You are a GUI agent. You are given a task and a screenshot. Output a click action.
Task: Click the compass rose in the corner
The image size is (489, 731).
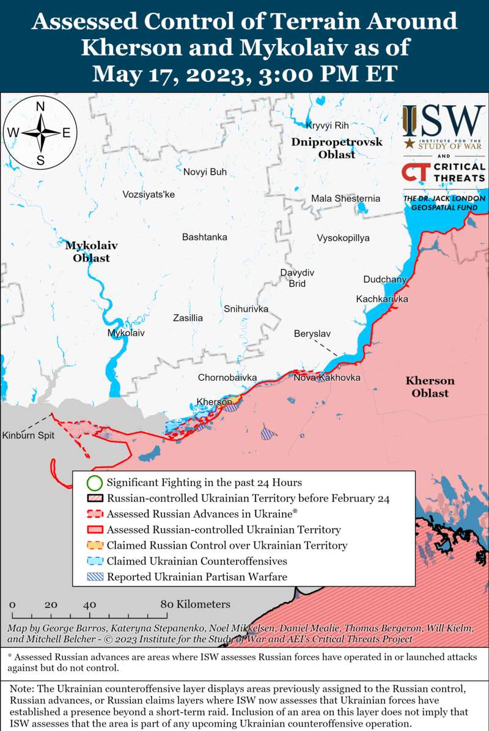pyautogui.click(x=40, y=133)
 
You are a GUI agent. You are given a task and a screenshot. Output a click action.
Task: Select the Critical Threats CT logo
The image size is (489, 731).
pyautogui.click(x=414, y=172)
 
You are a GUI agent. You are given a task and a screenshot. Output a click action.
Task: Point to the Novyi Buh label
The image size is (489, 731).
pyautogui.click(x=205, y=172)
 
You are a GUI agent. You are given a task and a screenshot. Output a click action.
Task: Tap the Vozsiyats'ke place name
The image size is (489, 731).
pyautogui.click(x=149, y=194)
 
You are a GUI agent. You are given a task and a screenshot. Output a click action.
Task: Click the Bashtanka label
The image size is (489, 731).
pyautogui.click(x=204, y=237)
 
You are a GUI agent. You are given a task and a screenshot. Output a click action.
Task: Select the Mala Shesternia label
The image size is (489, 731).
pyautogui.click(x=345, y=199)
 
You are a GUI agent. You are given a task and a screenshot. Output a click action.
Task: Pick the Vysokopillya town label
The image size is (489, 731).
pyautogui.click(x=343, y=238)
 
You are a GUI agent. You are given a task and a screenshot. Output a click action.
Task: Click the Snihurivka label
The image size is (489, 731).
pyautogui.click(x=246, y=309)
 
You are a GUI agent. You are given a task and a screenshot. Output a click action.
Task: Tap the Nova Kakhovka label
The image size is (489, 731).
pyautogui.click(x=326, y=378)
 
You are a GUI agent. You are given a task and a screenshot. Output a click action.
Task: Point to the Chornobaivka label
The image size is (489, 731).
pyautogui.click(x=227, y=378)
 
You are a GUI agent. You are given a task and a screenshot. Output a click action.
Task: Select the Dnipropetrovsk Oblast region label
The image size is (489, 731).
pyautogui.click(x=336, y=148)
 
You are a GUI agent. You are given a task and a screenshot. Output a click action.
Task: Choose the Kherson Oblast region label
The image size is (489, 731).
pyautogui.click(x=430, y=387)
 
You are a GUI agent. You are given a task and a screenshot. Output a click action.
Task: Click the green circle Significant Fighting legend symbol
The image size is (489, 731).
pyautogui.click(x=94, y=483)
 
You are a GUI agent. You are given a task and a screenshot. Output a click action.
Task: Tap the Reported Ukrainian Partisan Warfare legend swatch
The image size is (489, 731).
pyautogui.click(x=94, y=576)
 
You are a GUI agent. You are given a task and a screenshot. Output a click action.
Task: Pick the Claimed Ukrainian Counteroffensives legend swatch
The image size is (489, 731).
pyautogui.click(x=94, y=560)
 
